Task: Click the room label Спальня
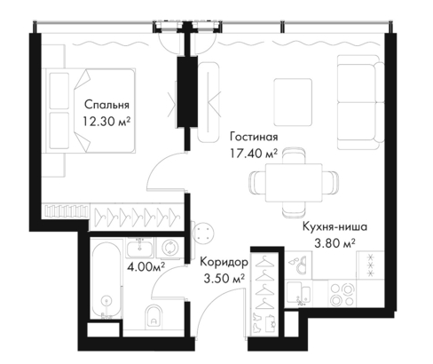[106, 105]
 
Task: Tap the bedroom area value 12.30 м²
[106, 122]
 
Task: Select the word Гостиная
[254, 137]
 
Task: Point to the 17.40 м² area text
[254, 154]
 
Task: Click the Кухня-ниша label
[335, 227]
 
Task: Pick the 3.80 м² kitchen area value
[335, 243]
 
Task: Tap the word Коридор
[224, 262]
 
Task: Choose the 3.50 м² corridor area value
[224, 279]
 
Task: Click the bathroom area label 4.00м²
[146, 267]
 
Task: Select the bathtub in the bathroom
[106, 281]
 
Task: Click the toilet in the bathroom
[154, 316]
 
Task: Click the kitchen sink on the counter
[298, 293]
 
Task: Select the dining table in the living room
[294, 183]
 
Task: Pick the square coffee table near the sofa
[293, 102]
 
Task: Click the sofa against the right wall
[360, 102]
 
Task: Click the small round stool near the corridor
[202, 232]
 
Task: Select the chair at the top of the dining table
[294, 155]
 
